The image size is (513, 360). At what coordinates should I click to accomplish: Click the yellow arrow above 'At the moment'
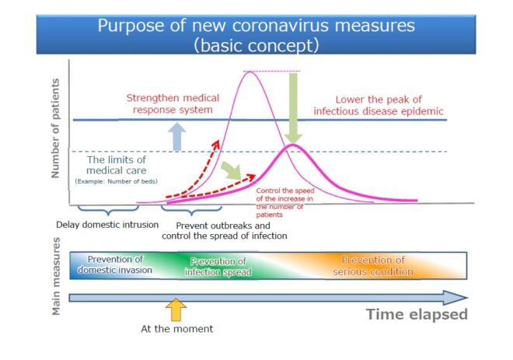176,309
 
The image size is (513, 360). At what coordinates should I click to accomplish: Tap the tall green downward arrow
294,108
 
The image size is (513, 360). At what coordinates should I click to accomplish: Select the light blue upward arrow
177,137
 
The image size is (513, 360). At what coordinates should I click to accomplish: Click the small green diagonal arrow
232,170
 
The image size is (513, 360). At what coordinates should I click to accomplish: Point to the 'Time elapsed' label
417,314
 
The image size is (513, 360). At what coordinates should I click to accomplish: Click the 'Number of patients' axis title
56,128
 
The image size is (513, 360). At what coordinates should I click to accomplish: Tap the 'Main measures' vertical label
56,276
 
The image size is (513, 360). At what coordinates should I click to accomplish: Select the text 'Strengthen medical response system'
173,103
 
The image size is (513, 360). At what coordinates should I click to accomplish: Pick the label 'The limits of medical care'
117,165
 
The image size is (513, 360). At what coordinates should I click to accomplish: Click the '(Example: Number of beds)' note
116,181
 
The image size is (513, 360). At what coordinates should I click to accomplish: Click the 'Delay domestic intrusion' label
107,225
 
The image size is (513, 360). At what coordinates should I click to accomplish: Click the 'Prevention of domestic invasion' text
115,264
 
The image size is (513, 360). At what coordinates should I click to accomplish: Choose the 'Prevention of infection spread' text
218,267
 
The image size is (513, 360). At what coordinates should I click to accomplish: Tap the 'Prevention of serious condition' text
373,266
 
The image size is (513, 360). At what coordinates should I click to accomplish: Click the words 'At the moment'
176,329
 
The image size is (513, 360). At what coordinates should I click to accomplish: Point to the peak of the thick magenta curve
293,145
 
